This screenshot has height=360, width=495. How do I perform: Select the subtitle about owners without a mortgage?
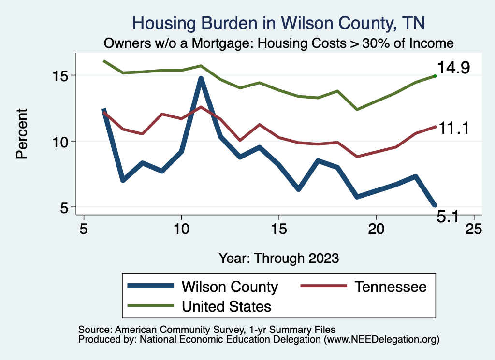[278, 43]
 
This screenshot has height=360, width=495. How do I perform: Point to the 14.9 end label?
[453, 68]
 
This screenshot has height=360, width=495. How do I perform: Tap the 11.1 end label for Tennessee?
[453, 128]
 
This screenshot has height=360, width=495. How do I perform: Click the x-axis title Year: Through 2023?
[278, 258]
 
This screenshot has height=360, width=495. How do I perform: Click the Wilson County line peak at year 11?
[201, 78]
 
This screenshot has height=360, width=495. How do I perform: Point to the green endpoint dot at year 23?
[435, 76]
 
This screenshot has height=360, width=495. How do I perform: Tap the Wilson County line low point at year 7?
[123, 180]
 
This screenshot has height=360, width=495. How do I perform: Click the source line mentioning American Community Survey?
[204, 330]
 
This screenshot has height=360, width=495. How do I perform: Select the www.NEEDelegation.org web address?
[382, 339]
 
